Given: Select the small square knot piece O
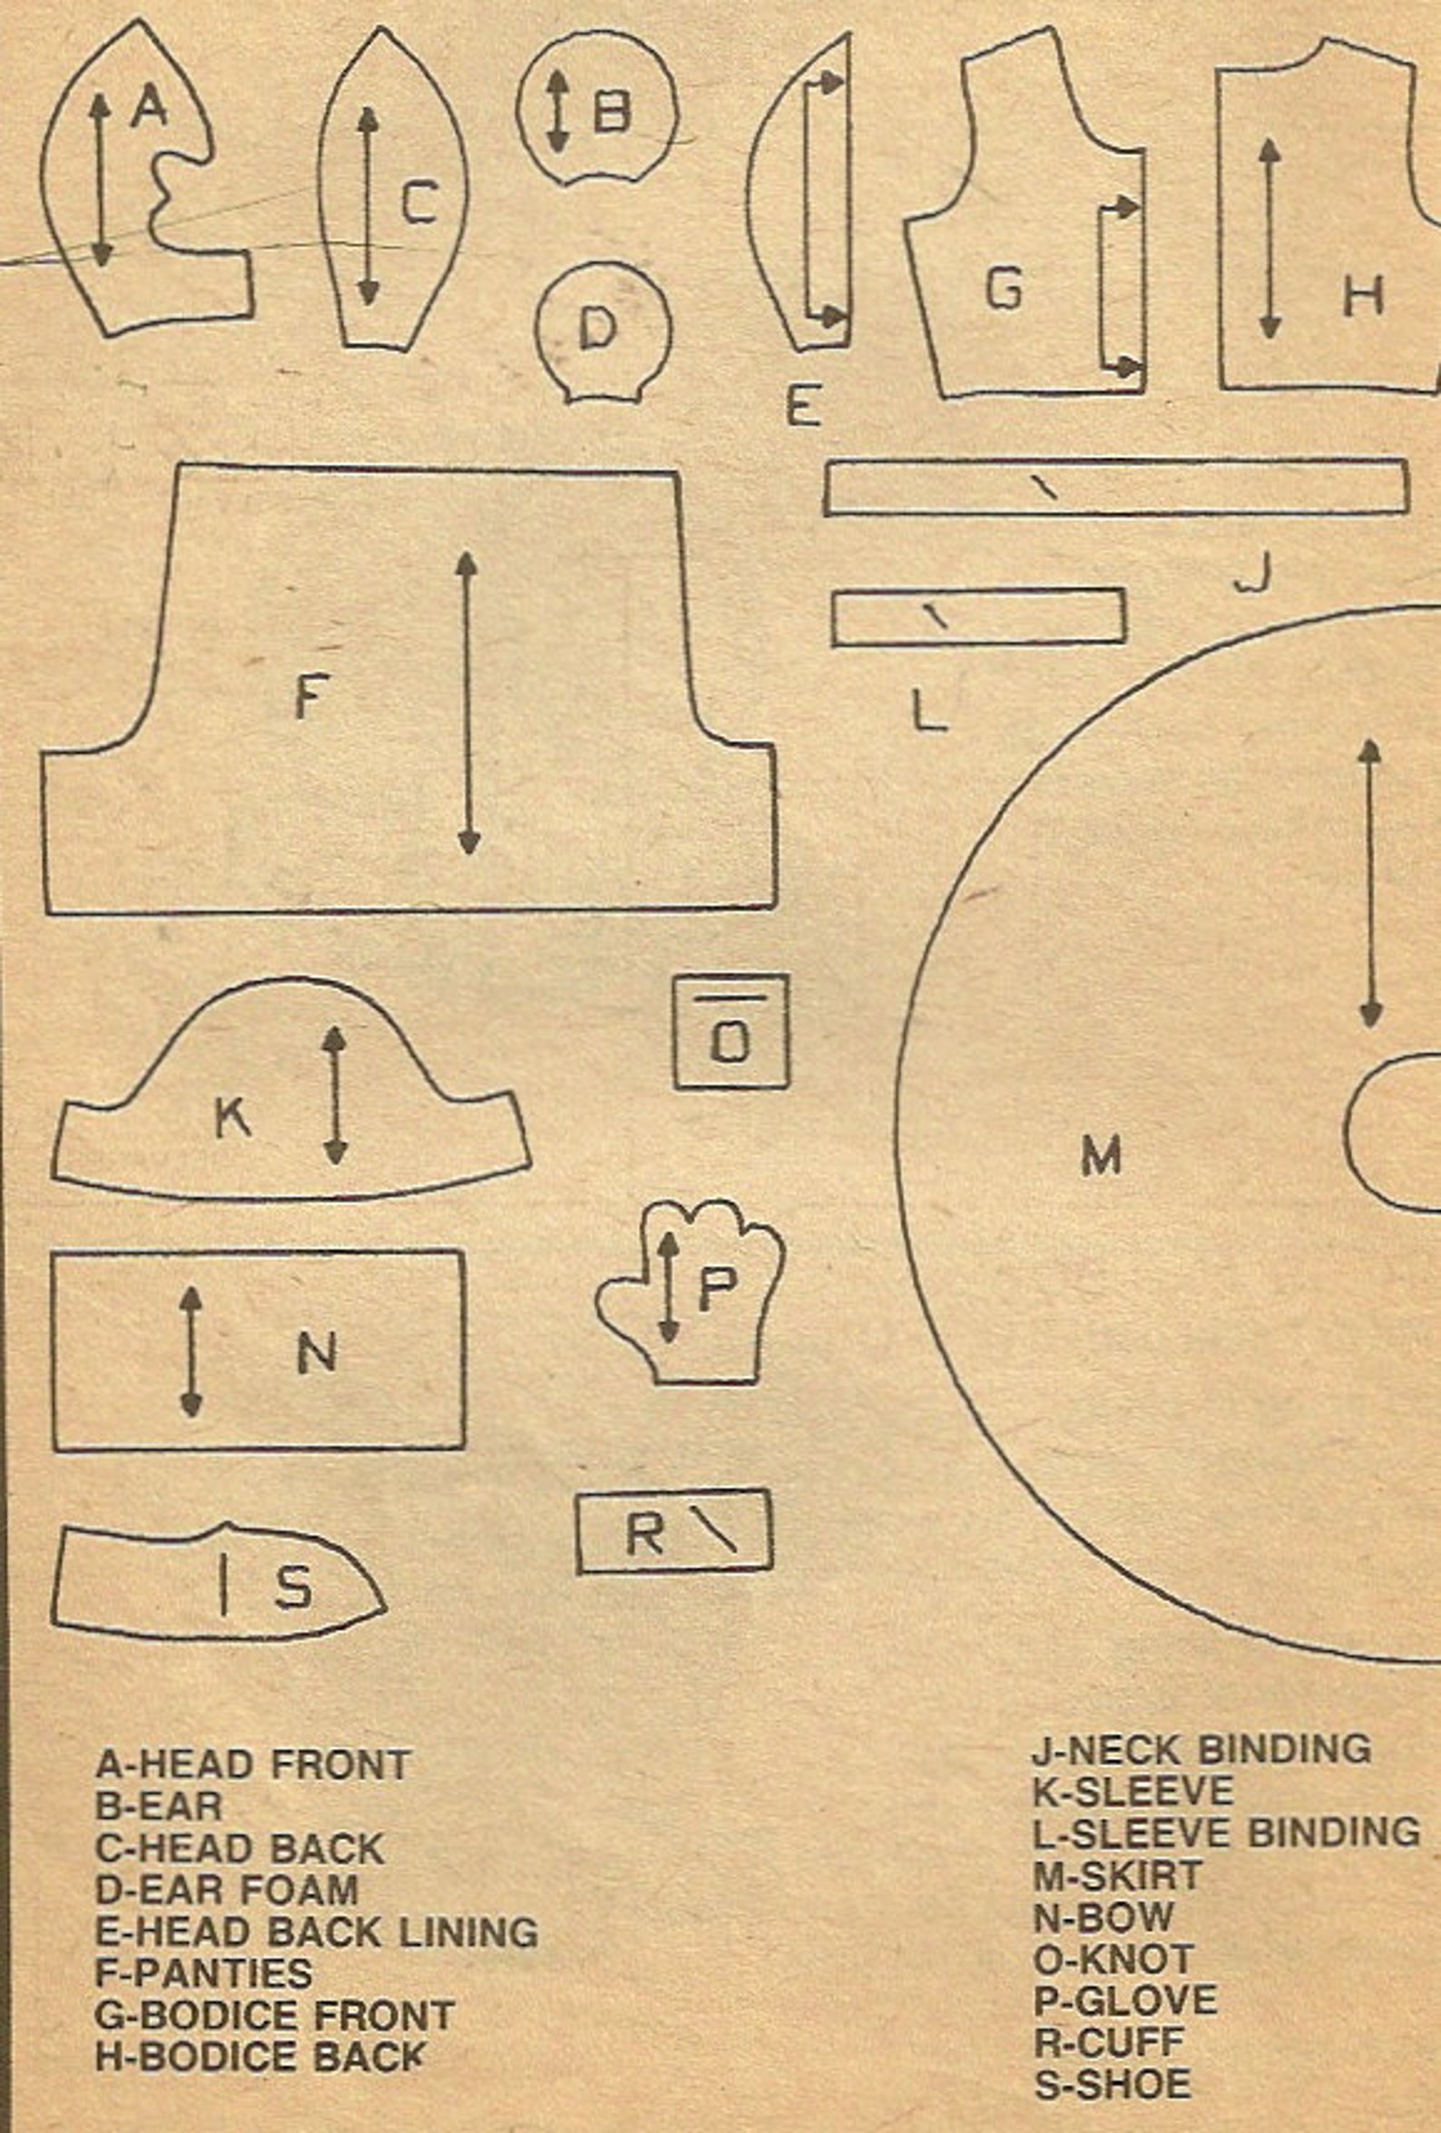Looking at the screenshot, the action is point(730,1032).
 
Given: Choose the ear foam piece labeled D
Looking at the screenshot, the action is point(603,332).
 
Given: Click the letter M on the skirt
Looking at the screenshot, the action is point(1101,1155).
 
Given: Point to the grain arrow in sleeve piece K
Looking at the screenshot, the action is point(335,1095).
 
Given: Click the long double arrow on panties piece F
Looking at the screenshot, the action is point(468,703).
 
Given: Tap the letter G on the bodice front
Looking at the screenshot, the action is point(1005,290).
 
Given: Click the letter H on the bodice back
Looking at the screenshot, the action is point(1363,298).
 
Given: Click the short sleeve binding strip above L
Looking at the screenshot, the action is point(979,618).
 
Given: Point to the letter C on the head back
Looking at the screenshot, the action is point(419,202).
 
